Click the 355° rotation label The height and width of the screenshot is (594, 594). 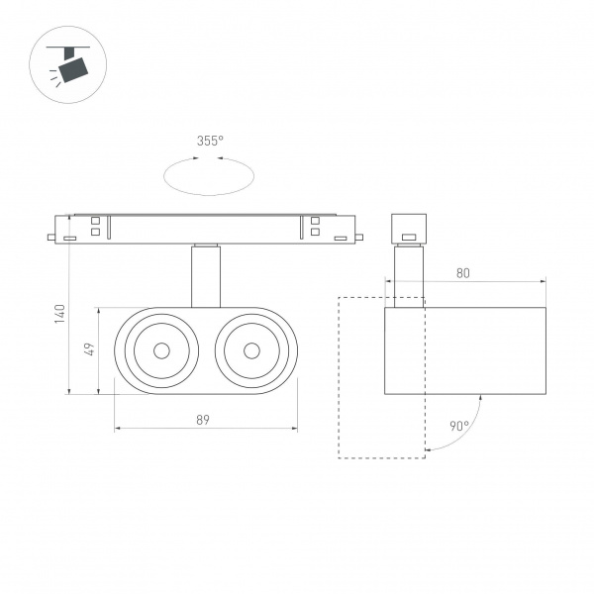208,142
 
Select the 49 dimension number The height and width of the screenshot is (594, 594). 88,349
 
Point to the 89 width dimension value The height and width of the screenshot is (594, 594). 203,420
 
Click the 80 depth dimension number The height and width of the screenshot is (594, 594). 462,273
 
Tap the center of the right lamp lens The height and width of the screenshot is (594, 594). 251,349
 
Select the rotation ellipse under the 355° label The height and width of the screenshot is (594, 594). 208,179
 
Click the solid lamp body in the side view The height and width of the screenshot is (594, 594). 464,350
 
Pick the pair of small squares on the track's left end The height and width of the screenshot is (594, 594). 96,227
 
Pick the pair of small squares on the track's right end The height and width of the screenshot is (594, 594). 315,227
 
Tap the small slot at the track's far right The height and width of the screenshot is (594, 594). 341,238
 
